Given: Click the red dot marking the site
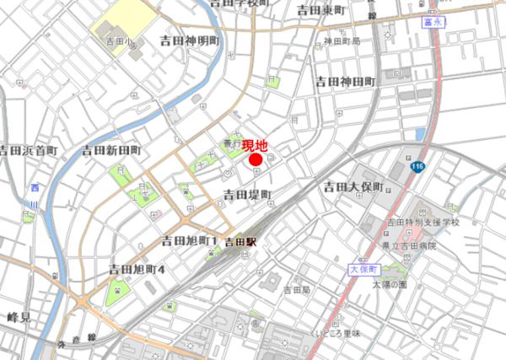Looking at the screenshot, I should (256, 160).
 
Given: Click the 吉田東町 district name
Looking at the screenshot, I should (321, 10).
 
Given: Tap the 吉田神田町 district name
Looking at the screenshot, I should (345, 82).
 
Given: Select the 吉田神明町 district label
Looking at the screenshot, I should (189, 40).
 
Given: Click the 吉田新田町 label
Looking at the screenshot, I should (111, 150).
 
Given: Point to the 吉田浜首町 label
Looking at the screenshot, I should (28, 151).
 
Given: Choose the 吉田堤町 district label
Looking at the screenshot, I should (247, 196).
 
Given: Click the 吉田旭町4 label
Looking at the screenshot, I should (137, 269).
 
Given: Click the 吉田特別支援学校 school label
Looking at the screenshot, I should (423, 223).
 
